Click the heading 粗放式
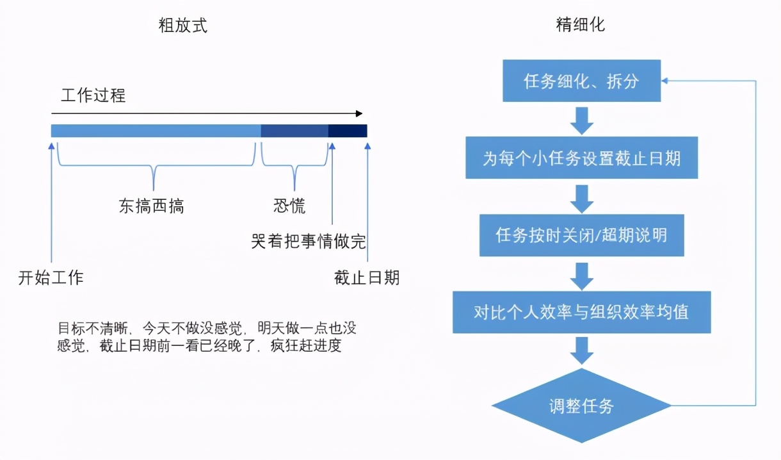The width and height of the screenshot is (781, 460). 183,26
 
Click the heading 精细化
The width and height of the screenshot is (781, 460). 581,25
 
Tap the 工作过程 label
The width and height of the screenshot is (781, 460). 93,96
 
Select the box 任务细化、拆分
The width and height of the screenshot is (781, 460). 581,81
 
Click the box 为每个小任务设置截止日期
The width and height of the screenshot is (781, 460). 581,158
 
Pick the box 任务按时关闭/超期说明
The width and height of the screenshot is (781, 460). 581,235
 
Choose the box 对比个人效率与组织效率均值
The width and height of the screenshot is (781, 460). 581,312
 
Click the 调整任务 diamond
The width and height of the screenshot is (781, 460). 581,406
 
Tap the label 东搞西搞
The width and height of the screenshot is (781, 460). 152,206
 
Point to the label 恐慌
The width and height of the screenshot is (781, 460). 289,206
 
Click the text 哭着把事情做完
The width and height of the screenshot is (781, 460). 309,242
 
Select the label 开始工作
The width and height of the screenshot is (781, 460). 51,277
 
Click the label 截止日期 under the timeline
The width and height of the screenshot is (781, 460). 367,277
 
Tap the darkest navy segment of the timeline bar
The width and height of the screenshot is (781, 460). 348,131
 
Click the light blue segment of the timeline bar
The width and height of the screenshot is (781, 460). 156,131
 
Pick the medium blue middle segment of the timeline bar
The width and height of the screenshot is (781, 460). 294,131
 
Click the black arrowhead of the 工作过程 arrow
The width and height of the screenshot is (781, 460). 358,114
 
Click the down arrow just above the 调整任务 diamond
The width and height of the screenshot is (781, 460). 581,350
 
